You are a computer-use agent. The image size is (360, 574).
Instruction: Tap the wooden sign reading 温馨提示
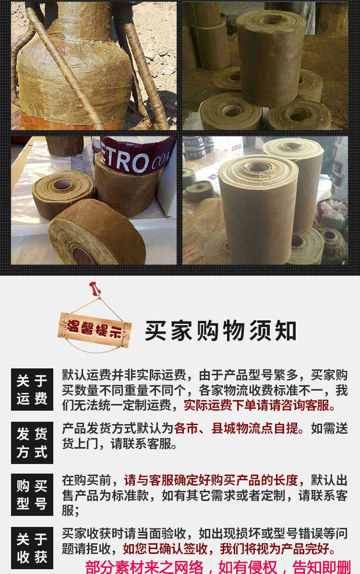pos(94,330)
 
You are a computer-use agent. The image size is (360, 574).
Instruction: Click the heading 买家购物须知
pos(221,331)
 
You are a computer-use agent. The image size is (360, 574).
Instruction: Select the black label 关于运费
pos(32,390)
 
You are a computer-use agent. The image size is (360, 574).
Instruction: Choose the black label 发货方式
pos(32,442)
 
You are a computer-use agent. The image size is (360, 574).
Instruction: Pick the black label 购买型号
pos(32,495)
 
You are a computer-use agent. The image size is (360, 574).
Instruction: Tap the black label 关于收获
pos(32,548)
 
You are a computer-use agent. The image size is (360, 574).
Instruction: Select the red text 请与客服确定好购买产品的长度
pos(211,480)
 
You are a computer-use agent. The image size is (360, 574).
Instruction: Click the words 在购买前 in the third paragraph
pos(86,480)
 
